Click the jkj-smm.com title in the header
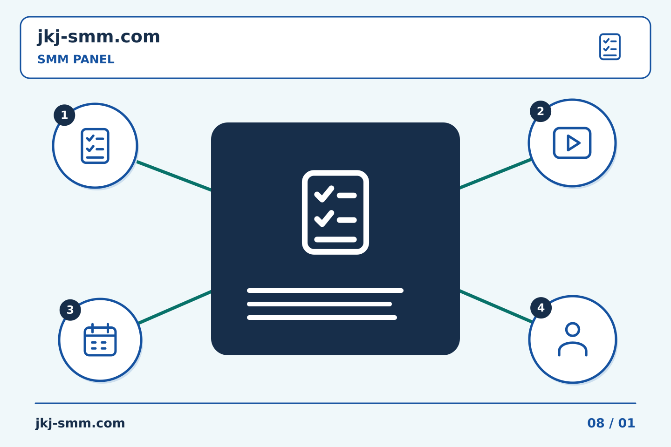(x=99, y=37)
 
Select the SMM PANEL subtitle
(x=76, y=59)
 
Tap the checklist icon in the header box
(x=610, y=47)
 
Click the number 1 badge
(x=64, y=115)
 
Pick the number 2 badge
(x=541, y=111)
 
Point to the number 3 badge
(x=70, y=310)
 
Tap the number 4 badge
(x=541, y=308)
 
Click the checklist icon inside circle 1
(x=95, y=146)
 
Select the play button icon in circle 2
(x=572, y=143)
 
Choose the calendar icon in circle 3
(x=100, y=340)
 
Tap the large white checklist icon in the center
(x=335, y=212)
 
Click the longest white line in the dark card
(x=325, y=291)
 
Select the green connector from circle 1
(x=174, y=176)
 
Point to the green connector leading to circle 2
(x=495, y=174)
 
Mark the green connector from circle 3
(x=175, y=307)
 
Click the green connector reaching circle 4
(x=496, y=306)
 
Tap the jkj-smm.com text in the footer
(x=80, y=423)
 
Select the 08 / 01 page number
(x=611, y=423)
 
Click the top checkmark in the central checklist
(x=324, y=194)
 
